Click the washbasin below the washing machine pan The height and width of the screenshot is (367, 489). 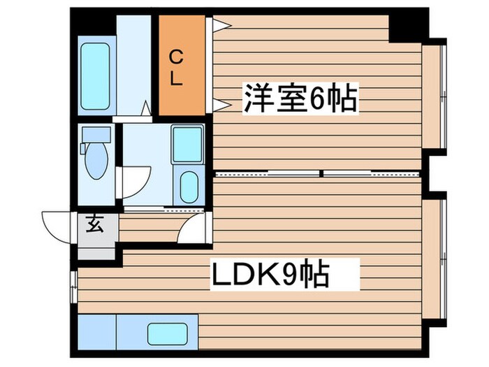coord(187,186)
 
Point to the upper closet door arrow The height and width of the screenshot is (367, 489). coord(222,26)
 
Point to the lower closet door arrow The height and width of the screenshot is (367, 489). coord(222,106)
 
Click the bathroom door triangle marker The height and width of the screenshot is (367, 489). coord(147,108)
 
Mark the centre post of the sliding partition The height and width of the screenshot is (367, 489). coord(321,172)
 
